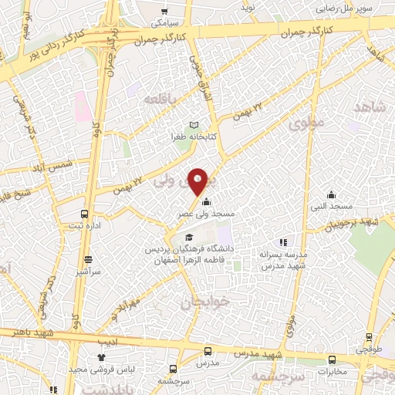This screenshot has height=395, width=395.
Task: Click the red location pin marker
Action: (198, 180)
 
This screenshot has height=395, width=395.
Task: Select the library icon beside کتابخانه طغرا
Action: (194, 125)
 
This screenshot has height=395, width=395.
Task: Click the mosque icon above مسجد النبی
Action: (331, 194)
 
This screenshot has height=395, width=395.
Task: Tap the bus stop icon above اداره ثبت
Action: (86, 214)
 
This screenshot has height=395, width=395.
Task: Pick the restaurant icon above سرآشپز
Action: (89, 260)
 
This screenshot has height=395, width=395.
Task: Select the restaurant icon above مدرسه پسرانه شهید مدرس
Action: (283, 242)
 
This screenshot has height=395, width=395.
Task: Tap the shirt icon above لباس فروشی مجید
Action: (101, 356)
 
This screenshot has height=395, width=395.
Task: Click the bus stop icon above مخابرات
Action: (332, 360)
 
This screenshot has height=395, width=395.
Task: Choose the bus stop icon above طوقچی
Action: (369, 336)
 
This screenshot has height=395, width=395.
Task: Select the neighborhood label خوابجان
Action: (195, 302)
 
